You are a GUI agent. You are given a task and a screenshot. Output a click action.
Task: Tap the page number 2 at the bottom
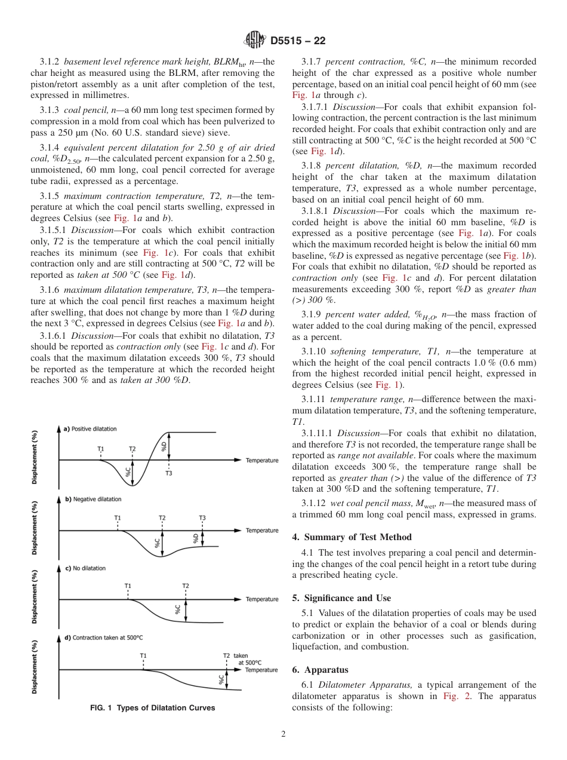[x=283, y=734]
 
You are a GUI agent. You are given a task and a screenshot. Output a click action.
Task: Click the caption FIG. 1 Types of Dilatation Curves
[x=152, y=708]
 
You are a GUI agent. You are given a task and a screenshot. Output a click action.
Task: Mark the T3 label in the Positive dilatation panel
[x=168, y=473]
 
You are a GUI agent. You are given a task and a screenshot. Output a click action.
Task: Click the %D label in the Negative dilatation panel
[x=196, y=538]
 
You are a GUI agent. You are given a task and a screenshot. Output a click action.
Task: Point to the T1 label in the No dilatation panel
[x=128, y=586]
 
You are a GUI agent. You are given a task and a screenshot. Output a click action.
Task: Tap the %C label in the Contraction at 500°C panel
[x=221, y=679]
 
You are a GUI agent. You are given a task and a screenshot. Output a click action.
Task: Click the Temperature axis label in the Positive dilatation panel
[x=262, y=460]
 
